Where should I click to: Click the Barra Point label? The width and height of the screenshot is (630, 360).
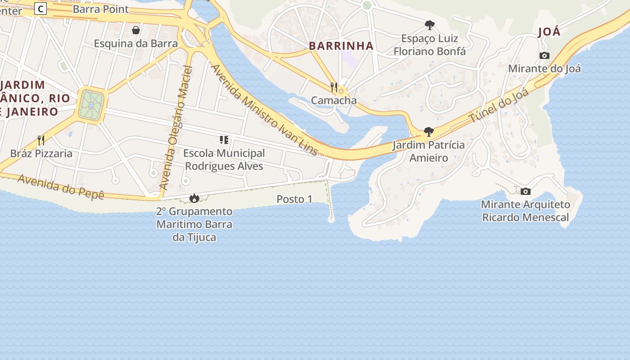click(100, 9)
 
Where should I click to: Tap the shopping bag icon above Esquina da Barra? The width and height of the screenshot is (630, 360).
click(136, 30)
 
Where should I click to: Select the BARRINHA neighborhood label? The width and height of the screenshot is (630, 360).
click(341, 45)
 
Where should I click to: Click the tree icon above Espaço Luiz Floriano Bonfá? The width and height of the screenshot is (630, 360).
click(430, 25)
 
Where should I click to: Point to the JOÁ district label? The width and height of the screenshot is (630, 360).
click(549, 32)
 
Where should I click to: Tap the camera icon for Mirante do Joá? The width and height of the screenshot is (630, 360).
click(544, 56)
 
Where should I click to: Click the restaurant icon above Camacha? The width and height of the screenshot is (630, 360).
click(334, 87)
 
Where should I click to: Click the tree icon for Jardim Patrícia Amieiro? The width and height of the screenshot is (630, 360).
click(429, 132)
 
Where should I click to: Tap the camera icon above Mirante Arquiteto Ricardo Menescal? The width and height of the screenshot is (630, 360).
click(526, 191)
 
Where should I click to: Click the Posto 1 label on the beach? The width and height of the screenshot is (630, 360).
click(294, 199)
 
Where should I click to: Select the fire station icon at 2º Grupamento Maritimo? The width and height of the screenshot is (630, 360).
click(194, 198)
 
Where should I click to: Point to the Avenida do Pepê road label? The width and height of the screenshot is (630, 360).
click(61, 187)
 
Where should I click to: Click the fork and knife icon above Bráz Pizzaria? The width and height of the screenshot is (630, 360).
click(41, 140)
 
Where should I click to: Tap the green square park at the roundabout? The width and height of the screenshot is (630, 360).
click(92, 105)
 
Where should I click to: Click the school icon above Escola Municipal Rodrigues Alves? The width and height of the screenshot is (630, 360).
click(224, 140)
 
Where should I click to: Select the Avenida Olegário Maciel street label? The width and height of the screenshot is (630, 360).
click(176, 128)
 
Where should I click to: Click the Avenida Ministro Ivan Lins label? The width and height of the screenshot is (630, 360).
click(265, 110)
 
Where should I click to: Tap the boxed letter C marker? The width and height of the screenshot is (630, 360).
click(41, 8)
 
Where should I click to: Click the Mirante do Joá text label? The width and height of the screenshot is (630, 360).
click(544, 69)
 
